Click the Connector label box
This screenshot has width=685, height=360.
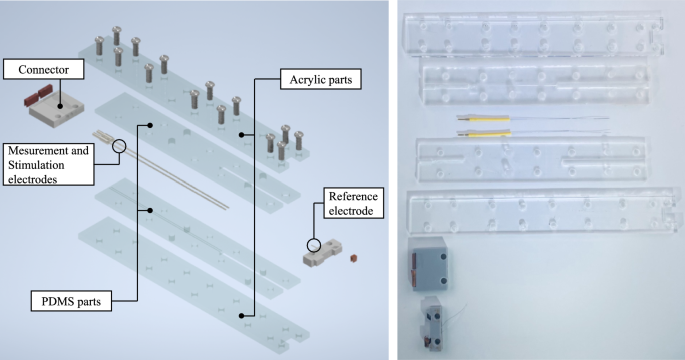click(44, 69)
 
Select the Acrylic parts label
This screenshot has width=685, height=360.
click(321, 79)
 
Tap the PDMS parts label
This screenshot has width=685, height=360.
click(71, 301)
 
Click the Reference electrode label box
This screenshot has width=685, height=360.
click(353, 203)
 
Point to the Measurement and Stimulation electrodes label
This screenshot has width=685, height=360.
click(48, 165)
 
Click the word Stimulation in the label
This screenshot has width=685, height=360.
click(36, 165)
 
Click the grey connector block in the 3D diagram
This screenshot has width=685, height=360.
click(56, 111)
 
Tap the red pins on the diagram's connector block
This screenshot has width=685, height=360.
click(38, 97)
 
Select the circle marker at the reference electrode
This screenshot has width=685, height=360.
click(314, 245)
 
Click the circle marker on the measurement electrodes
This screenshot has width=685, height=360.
click(119, 146)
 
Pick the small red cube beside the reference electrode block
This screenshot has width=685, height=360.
click(353, 259)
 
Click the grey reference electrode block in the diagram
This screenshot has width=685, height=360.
click(322, 253)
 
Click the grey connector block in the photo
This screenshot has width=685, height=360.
click(429, 263)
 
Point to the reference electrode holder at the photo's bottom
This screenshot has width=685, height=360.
click(432, 323)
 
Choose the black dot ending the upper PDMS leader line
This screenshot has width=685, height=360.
click(150, 125)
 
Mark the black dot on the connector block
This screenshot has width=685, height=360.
click(60, 106)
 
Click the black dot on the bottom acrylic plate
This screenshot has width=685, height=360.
click(241, 315)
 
